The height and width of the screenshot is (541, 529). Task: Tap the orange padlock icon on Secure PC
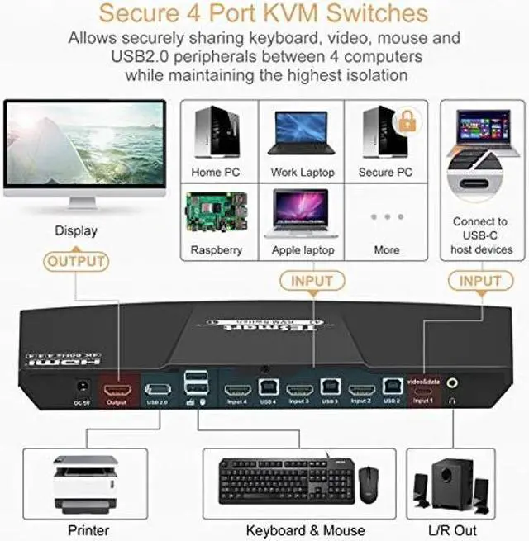click(406, 121)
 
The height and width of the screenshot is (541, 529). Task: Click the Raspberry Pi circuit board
click(214, 214)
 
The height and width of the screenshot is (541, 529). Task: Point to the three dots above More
click(386, 216)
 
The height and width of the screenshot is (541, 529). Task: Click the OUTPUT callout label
click(76, 262)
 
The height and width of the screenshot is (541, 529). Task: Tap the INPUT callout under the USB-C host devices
click(480, 281)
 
